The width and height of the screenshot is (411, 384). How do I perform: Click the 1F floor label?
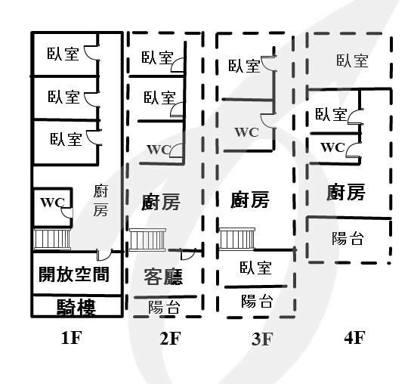(71, 338)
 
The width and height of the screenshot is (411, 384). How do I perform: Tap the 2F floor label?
(170, 339)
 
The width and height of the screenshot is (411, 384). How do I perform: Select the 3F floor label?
(262, 339)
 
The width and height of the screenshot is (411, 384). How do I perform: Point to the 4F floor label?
(354, 338)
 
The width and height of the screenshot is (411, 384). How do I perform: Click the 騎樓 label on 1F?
(76, 307)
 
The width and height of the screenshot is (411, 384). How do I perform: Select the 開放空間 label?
(74, 274)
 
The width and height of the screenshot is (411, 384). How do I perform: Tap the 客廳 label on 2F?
(163, 277)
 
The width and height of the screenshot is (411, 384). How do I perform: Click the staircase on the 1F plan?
(52, 239)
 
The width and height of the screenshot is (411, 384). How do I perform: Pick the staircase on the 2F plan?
(147, 240)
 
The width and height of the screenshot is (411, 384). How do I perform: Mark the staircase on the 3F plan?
(237, 239)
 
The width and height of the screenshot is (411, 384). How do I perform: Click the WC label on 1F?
(52, 203)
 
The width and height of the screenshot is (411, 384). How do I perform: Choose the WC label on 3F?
(246, 132)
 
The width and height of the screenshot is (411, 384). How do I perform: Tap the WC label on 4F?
(333, 147)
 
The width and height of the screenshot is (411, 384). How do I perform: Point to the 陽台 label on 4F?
(348, 238)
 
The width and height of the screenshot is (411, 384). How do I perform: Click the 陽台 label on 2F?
(165, 307)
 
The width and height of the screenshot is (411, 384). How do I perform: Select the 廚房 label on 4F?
(346, 192)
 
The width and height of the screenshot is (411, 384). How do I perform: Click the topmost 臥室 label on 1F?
(63, 54)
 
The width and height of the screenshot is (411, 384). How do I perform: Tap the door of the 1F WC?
(66, 212)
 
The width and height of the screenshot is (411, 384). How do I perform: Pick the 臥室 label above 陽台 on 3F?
(255, 268)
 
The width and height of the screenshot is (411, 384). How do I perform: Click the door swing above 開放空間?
(104, 255)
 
